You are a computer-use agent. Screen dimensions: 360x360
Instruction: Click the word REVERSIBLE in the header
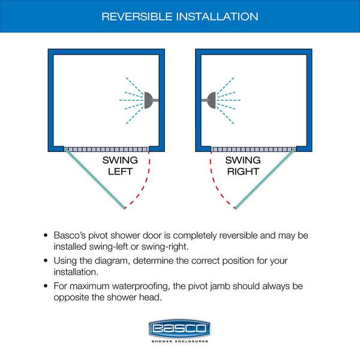pos(137,17)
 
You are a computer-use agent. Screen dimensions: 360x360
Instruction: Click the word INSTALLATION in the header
pos(217,17)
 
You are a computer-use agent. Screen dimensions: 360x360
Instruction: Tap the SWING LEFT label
pos(120,166)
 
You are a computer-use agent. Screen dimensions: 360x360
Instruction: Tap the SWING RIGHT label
pos(243,166)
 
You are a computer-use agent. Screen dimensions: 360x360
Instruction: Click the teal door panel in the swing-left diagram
pos(95,179)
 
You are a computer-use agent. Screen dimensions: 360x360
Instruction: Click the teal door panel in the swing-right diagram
pos(265,179)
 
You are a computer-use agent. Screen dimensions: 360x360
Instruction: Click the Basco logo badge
pos(180,328)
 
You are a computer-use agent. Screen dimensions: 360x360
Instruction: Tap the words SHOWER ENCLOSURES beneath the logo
pos(180,341)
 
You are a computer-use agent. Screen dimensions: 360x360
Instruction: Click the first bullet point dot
pos(46,235)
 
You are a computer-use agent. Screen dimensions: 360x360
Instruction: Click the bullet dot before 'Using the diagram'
pos(46,260)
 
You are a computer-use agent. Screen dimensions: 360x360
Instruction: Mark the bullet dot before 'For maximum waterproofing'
pos(46,286)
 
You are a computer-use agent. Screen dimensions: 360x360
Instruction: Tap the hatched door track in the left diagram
pos(106,149)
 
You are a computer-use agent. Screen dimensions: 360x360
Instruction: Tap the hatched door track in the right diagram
pos(253,149)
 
